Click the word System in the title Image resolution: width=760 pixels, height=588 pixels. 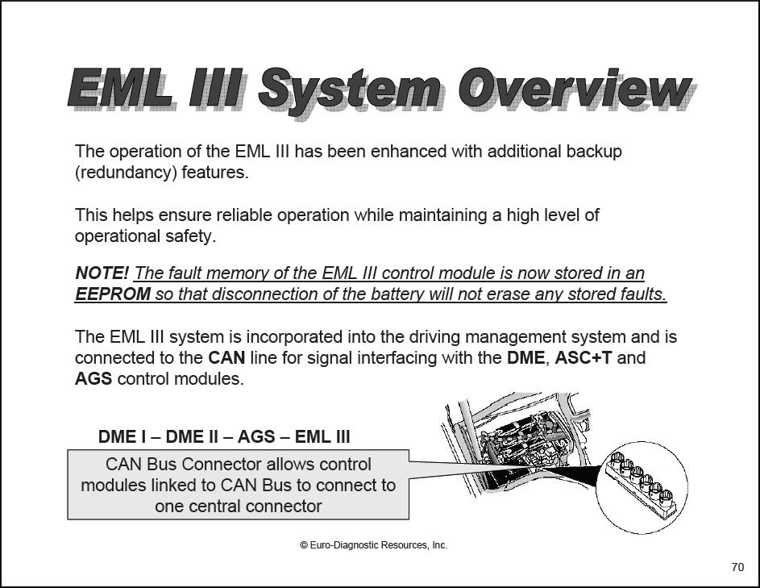pyautogui.click(x=350, y=91)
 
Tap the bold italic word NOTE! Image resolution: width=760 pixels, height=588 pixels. pyautogui.click(x=102, y=273)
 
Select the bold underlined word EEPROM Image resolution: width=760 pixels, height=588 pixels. pyautogui.click(x=113, y=294)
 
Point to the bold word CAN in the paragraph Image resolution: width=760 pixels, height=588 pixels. pyautogui.click(x=226, y=358)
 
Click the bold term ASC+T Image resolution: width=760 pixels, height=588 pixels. pyautogui.click(x=583, y=358)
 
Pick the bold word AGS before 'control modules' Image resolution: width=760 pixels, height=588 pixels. pyautogui.click(x=93, y=379)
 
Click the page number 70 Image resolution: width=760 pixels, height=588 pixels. pyautogui.click(x=737, y=567)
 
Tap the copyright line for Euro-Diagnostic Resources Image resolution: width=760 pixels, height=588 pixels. pyautogui.click(x=374, y=545)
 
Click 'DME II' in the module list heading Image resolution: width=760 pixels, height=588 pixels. pyautogui.click(x=192, y=436)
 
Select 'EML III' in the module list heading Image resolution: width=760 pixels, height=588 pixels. pyautogui.click(x=322, y=436)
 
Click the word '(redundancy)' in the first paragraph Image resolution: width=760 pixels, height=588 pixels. pyautogui.click(x=126, y=173)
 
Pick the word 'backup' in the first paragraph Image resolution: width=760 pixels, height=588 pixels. pyautogui.click(x=594, y=152)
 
